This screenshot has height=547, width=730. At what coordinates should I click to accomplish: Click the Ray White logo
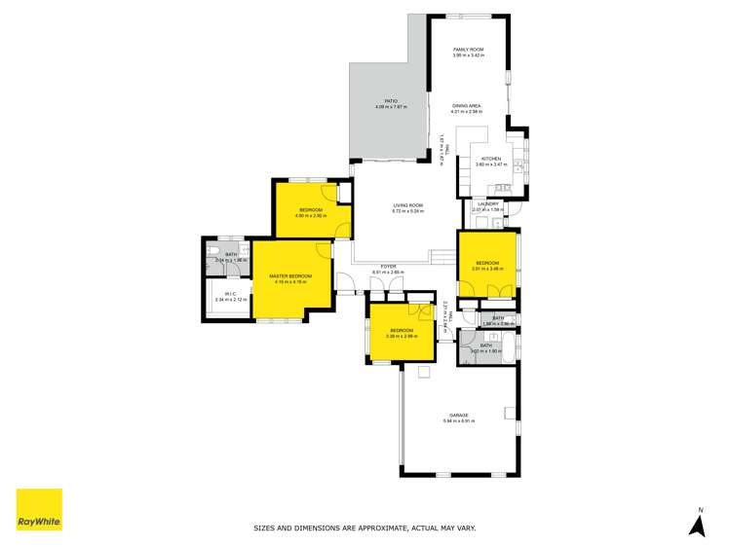tap(39, 509)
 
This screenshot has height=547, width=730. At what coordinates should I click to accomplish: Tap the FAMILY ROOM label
tap(468, 50)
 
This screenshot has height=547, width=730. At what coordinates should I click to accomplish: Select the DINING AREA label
tap(468, 106)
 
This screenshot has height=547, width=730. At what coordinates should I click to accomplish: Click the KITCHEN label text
tap(490, 159)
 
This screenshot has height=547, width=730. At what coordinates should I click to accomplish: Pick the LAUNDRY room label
tap(487, 203)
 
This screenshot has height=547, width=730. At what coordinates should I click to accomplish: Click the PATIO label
tap(390, 100)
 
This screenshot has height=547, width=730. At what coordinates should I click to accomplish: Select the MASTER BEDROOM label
tap(290, 276)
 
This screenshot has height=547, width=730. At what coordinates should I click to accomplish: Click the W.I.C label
tap(230, 294)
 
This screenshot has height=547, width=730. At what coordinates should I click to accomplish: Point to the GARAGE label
tap(458, 415)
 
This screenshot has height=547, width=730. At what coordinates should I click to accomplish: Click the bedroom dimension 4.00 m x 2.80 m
tap(311, 216)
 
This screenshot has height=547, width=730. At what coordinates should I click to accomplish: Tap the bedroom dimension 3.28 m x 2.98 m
tap(403, 337)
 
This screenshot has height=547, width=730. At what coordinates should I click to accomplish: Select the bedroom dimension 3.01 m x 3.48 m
tap(487, 269)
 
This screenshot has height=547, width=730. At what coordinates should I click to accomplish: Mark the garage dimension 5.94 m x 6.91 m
tap(458, 420)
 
